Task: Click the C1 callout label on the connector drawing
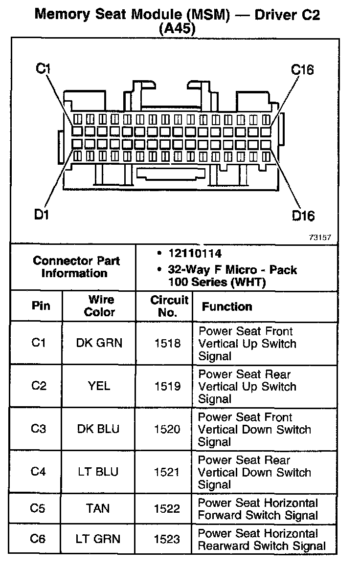44,68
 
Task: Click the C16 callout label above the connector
302,70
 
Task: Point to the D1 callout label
42,214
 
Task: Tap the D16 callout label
303,215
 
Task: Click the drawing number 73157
320,237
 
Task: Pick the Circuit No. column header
168,306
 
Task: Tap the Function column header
227,307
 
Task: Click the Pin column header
41,306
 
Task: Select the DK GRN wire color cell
99,343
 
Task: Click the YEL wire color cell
99,386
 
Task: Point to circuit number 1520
167,429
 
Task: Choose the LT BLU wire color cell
99,472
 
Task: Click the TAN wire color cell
99,509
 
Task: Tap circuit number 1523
167,539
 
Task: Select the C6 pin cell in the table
38,539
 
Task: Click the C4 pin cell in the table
38,472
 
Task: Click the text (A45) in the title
177,29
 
